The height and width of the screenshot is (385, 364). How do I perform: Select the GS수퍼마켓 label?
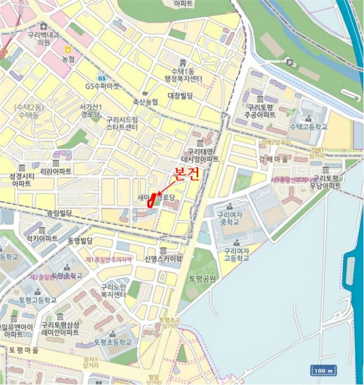[102, 86]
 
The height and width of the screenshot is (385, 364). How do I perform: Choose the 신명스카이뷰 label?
[163, 258]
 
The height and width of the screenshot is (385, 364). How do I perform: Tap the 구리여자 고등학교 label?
[237, 255]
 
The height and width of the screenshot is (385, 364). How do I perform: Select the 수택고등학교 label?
[308, 127]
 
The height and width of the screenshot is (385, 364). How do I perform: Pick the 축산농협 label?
[145, 102]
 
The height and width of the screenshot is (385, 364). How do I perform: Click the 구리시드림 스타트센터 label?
[122, 123]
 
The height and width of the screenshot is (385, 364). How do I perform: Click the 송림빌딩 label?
[59, 212]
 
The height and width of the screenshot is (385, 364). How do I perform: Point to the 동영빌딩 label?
[80, 241]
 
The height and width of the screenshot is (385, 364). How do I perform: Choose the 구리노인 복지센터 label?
[113, 291]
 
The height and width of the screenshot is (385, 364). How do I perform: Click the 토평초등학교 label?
[113, 342]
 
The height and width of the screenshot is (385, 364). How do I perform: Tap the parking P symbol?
[289, 62]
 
